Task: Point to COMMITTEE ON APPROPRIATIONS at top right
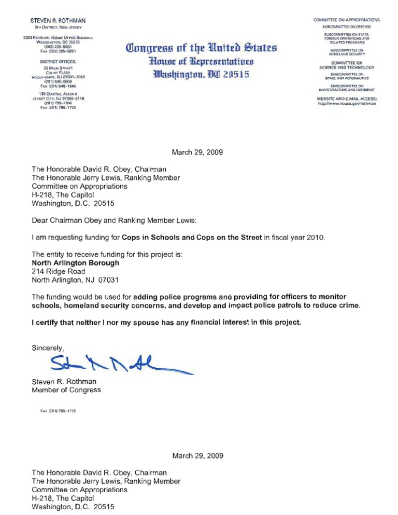pyautogui.click(x=346, y=20)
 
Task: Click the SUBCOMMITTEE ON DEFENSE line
pyautogui.click(x=346, y=26)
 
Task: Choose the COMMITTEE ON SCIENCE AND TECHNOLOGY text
pyautogui.click(x=346, y=65)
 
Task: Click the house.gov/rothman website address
pyautogui.click(x=346, y=104)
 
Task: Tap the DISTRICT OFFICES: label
pyautogui.click(x=58, y=62)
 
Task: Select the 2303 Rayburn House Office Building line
pyautogui.click(x=58, y=38)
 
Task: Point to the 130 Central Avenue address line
pyautogui.click(x=58, y=93)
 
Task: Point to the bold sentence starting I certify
pyautogui.click(x=166, y=323)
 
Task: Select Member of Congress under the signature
pyautogui.click(x=66, y=390)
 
